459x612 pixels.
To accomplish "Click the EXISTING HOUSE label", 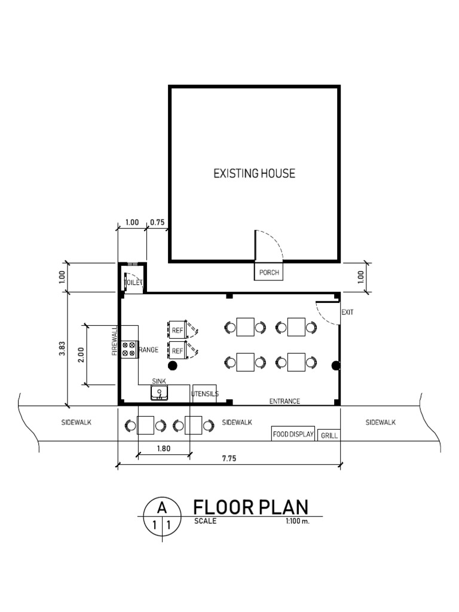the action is (254, 173).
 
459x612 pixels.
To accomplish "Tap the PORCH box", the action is (268, 271).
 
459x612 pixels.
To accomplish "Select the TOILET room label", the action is (133, 282).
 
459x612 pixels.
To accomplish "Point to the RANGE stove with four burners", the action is (129, 349).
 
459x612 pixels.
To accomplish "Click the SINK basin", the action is (159, 393).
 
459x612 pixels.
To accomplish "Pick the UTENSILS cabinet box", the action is (204, 393).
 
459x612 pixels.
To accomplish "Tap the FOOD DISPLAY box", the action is (293, 434).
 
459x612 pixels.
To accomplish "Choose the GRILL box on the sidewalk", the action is (329, 435).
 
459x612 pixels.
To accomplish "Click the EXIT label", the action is (347, 312).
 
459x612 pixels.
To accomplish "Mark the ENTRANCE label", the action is (284, 401).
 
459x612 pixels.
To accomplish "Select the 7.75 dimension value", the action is (229, 458).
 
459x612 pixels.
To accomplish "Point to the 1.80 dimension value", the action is (164, 448).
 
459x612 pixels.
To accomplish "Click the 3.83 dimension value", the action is (62, 348).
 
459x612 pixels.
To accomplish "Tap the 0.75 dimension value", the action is (157, 222).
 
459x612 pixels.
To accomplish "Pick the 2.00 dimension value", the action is (81, 355).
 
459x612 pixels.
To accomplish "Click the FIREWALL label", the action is (114, 341).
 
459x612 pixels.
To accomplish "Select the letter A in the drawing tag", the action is (162, 508).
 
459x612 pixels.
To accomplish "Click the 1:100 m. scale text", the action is (298, 521).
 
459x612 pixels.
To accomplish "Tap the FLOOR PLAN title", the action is (251, 507).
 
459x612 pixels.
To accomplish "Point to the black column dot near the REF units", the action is (172, 366).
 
